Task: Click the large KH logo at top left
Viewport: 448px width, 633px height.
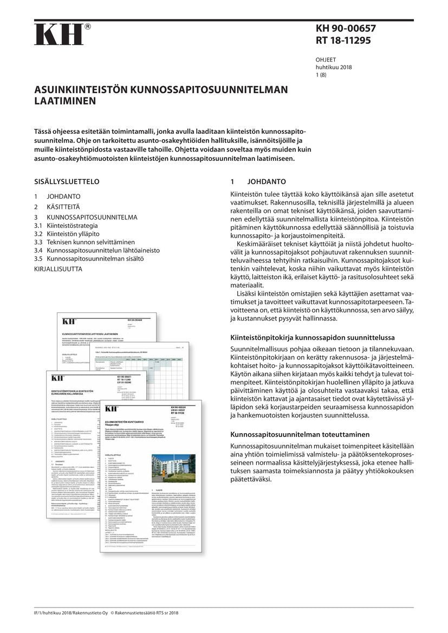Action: pyautogui.click(x=59, y=35)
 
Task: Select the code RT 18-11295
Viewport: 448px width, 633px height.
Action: pyautogui.click(x=343, y=41)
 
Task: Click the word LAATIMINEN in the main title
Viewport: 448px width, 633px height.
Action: pyautogui.click(x=65, y=101)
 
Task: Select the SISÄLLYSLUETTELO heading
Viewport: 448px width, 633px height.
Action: pyautogui.click(x=67, y=182)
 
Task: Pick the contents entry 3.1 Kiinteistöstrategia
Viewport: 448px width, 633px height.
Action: pyautogui.click(x=66, y=225)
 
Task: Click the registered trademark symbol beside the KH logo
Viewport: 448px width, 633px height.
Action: pyautogui.click(x=88, y=26)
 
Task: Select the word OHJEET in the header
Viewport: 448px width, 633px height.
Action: pyautogui.click(x=326, y=60)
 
